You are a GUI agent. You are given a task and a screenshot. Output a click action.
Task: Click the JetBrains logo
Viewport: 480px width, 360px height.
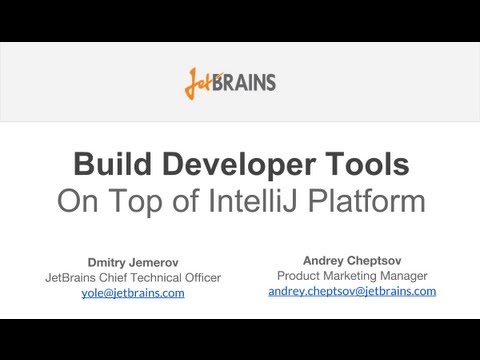[230, 82]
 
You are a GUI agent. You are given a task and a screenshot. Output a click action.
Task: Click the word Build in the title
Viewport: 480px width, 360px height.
[114, 164]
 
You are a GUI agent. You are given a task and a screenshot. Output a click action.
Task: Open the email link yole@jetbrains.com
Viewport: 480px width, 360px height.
[132, 293]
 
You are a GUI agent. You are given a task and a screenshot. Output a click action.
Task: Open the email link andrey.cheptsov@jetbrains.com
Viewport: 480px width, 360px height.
[352, 291]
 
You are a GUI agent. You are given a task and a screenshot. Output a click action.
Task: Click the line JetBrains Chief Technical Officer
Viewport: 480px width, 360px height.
[132, 277]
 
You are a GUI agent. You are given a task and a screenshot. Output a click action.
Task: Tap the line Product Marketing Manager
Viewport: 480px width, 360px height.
[351, 275]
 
